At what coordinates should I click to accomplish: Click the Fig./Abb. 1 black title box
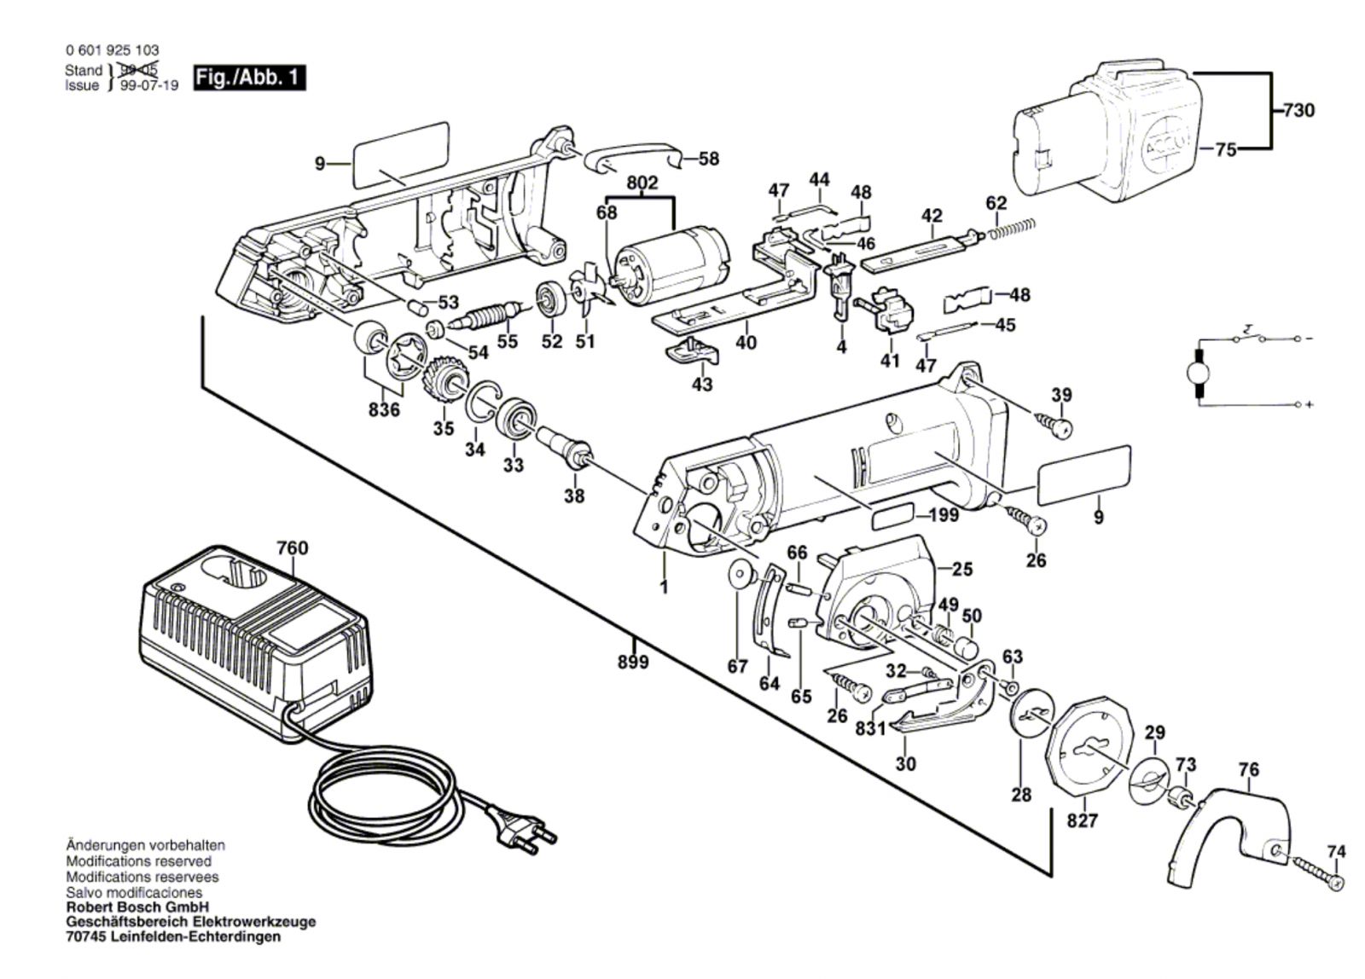[x=249, y=77]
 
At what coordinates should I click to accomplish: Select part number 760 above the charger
[x=292, y=548]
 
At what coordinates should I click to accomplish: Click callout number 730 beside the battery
[x=1298, y=110]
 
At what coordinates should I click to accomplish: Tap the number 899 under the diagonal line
[x=633, y=662]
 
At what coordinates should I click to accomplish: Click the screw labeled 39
[x=1056, y=424]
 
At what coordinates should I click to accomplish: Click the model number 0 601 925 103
[x=112, y=50]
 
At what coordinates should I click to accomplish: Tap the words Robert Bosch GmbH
[x=137, y=907]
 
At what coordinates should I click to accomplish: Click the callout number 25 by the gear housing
[x=962, y=568]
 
